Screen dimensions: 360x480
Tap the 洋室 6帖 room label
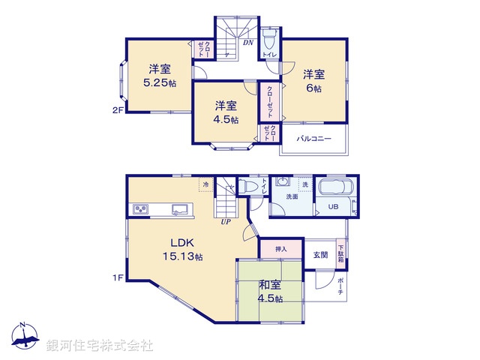point(313,81)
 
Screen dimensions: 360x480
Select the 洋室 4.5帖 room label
point(224,112)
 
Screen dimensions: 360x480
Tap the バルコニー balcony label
point(313,139)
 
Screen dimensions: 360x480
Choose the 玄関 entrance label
point(320,254)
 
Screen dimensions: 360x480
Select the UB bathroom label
point(331,207)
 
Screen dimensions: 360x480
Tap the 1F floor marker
point(117,278)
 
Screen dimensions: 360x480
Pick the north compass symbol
point(25,338)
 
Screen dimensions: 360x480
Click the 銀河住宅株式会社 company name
point(99,346)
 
